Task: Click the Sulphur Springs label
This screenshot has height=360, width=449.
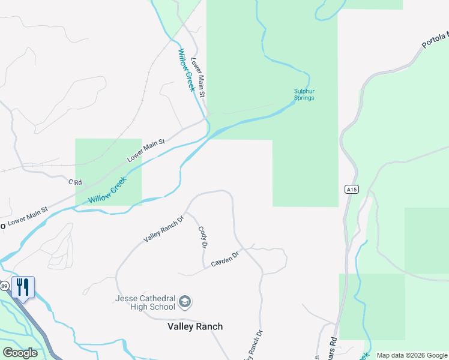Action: pos(304,94)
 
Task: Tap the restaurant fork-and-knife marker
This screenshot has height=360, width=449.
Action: pos(23,287)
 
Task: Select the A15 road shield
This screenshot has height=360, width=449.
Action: pos(352,189)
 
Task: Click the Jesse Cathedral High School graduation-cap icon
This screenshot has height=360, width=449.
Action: pos(185,301)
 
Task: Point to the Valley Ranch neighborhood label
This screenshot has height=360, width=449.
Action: pos(194,326)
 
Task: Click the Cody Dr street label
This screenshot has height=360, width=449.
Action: pos(203,237)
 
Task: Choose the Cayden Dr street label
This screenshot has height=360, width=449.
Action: pos(225,259)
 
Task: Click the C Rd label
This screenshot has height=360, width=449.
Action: pos(74,181)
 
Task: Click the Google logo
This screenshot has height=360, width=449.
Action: pos(20,353)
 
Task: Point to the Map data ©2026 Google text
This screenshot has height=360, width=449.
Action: pos(411,355)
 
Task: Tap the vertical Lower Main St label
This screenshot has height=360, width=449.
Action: pos(199,77)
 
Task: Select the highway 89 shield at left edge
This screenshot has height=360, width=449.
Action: pos(4,286)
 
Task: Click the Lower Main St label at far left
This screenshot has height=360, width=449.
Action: pos(27,217)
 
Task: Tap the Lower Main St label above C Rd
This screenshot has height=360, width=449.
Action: pos(146,150)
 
